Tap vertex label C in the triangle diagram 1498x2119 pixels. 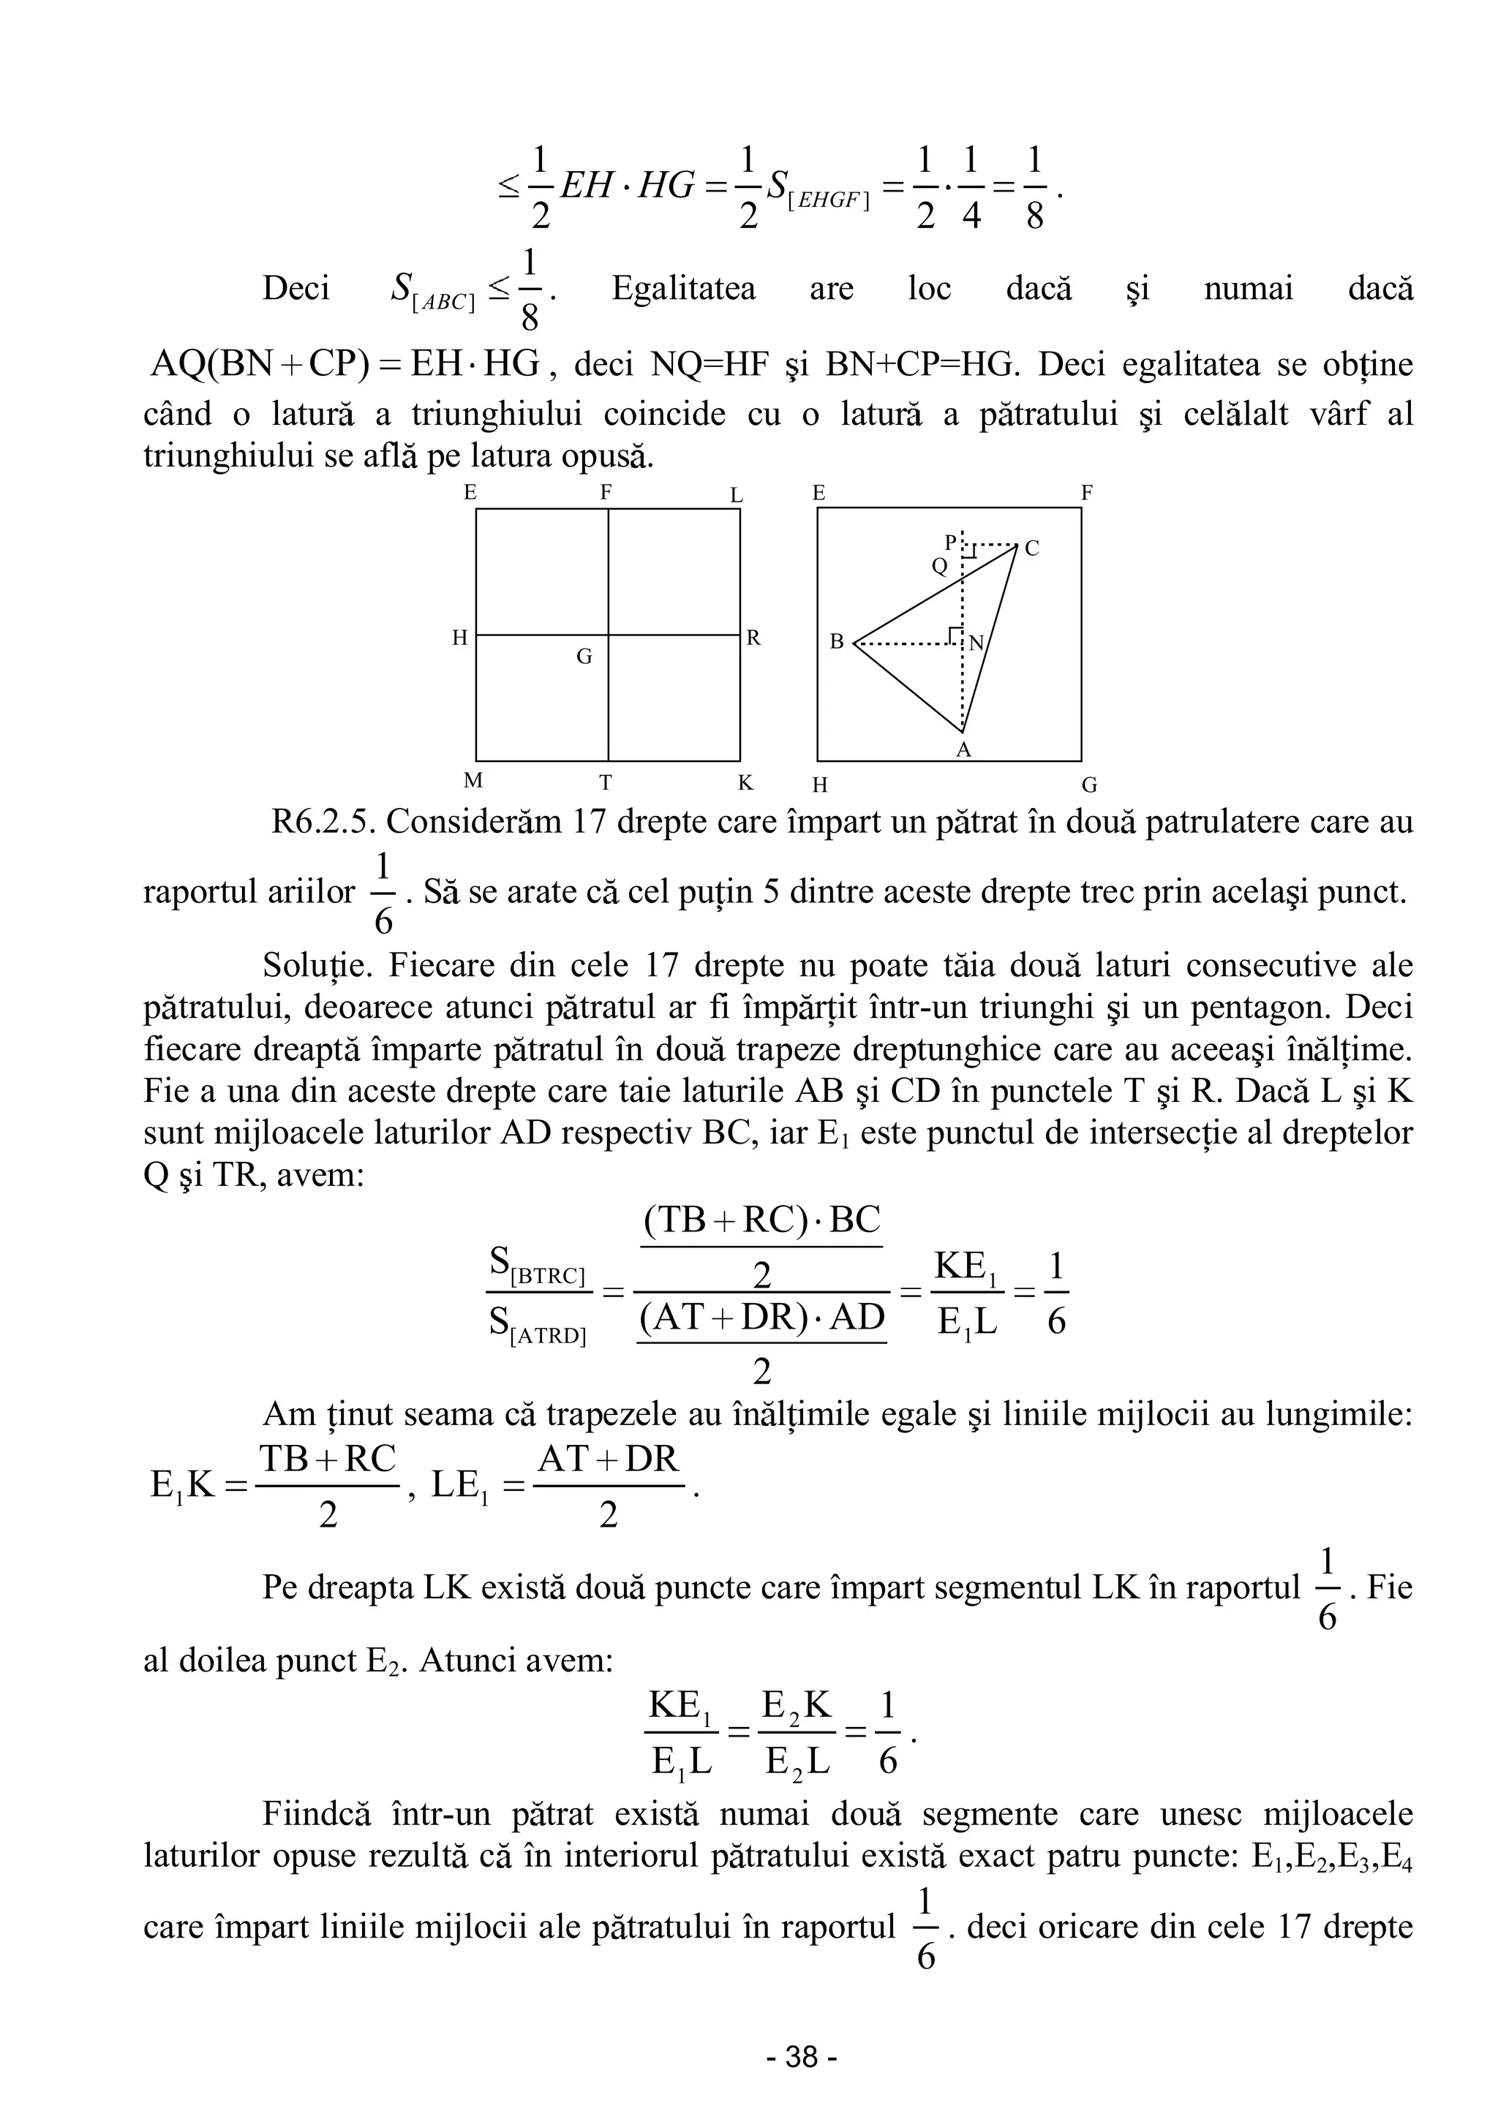(x=1032, y=548)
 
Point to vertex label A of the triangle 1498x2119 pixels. (x=963, y=750)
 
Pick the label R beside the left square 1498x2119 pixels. (x=753, y=638)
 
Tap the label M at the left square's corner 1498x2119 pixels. (x=473, y=781)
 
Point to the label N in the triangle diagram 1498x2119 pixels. (x=976, y=644)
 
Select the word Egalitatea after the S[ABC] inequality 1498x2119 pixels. (x=683, y=288)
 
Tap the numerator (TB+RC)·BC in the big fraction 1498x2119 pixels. (x=761, y=1220)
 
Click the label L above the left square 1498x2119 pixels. (x=737, y=496)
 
